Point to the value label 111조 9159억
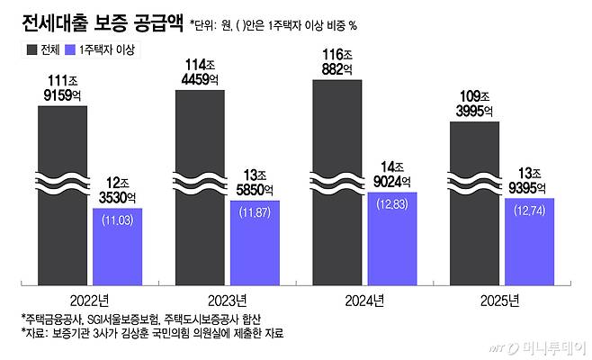[x=63, y=87]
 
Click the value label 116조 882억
[x=338, y=62]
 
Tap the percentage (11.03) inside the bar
[x=118, y=220]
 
